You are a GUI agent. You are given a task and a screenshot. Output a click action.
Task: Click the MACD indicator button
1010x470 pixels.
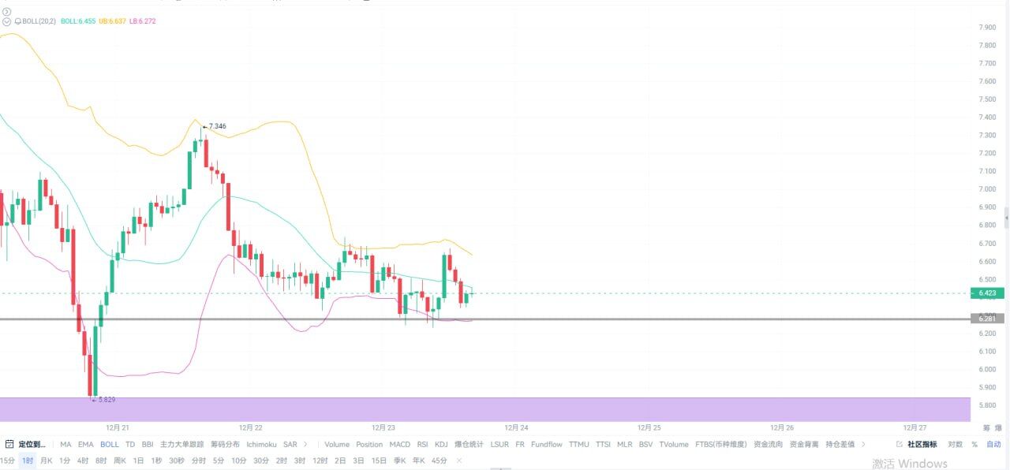point(400,445)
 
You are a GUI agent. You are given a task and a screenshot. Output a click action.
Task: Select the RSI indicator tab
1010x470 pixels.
point(423,445)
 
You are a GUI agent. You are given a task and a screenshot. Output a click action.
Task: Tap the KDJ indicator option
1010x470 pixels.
point(441,445)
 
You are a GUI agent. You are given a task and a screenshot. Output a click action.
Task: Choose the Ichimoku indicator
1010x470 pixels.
point(261,445)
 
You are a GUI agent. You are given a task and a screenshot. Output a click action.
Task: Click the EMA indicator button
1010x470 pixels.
point(85,445)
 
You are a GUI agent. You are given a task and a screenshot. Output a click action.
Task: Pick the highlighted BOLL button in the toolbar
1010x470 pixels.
point(110,445)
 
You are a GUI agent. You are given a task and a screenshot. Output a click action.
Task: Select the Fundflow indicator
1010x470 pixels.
point(547,445)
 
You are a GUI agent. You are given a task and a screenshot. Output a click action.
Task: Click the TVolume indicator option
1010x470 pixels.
point(674,445)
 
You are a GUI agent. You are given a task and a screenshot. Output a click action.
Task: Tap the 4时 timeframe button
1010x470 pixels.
point(83,461)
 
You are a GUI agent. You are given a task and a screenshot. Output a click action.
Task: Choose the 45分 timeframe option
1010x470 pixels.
point(440,461)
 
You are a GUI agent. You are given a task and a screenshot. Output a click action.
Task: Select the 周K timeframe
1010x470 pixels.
point(120,461)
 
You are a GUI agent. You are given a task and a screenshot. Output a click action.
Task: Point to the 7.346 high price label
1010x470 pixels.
point(217,126)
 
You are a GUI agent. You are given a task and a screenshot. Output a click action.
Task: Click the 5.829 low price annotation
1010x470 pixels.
point(106,400)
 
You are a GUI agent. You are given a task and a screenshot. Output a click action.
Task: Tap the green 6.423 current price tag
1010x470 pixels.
point(986,293)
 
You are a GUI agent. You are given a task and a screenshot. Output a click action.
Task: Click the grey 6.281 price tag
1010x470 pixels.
point(986,319)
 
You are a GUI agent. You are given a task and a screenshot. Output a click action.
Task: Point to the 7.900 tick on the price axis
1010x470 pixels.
point(986,28)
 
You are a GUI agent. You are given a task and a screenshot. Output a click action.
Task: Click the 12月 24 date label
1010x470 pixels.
point(517,427)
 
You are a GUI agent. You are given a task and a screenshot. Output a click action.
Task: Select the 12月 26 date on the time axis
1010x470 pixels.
point(780,427)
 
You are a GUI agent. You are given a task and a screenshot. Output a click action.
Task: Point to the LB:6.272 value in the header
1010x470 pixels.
point(143,21)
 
